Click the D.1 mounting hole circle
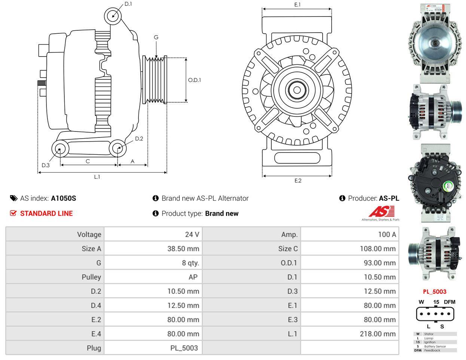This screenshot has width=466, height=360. click(113, 16)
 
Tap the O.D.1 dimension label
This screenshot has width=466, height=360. click(194, 80)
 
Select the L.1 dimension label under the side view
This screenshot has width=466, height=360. click(97, 177)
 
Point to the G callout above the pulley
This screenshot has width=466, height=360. click(156, 37)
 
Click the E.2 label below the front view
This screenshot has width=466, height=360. click(298, 181)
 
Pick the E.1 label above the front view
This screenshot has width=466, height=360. click(298, 4)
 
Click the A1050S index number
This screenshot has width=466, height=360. click(63, 198)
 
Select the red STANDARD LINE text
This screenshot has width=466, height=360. click(46, 214)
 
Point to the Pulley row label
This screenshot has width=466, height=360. click(91, 277)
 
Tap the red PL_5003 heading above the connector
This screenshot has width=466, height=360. click(435, 291)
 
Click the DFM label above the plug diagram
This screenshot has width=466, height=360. click(449, 302)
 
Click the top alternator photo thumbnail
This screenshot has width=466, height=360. click(434, 43)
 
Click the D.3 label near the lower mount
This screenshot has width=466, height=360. click(46, 165)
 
